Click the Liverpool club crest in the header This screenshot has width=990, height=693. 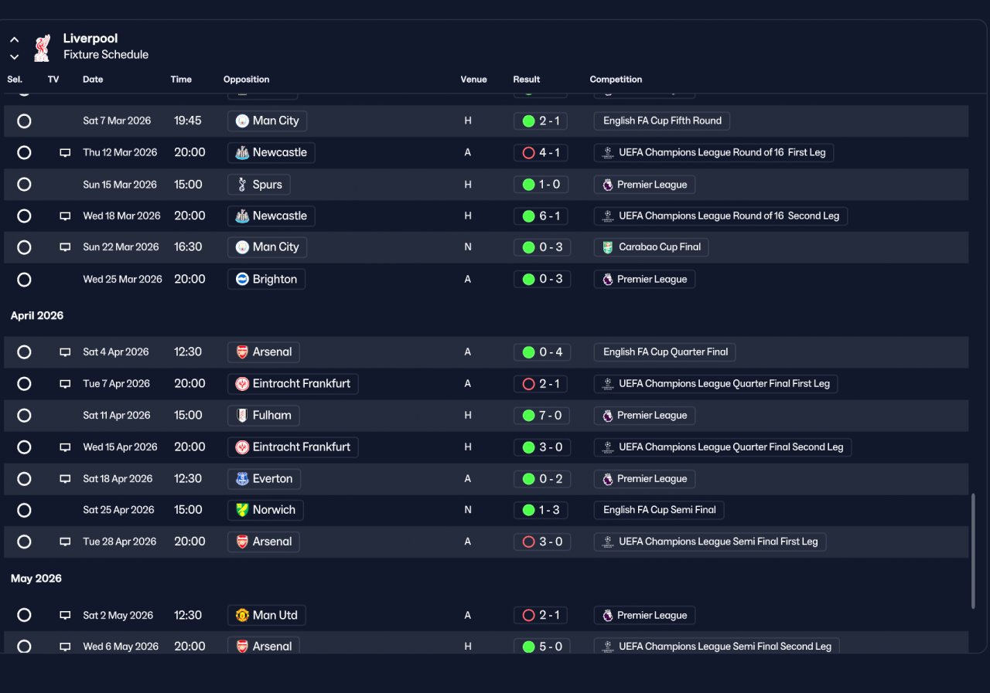click(x=43, y=48)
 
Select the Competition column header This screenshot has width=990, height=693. click(x=616, y=80)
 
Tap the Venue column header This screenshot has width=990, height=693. click(x=473, y=80)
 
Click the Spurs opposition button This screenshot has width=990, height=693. click(x=258, y=185)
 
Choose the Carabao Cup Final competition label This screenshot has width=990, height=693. click(x=651, y=247)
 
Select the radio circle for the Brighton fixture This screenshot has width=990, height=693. click(x=24, y=280)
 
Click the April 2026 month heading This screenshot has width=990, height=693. click(x=37, y=316)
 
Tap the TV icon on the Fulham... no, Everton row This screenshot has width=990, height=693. click(x=65, y=479)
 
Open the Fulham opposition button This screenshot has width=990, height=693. click(x=264, y=416)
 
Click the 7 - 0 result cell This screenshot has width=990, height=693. click(x=542, y=416)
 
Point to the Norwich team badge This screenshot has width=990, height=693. click(x=242, y=510)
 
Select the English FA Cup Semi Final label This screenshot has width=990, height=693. click(x=659, y=510)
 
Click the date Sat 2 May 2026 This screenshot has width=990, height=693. click(x=118, y=615)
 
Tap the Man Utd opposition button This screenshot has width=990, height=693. click(x=267, y=615)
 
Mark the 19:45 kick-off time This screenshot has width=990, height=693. click(x=187, y=121)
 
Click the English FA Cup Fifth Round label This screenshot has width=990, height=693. click(x=661, y=121)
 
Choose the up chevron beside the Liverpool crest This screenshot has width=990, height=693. click(x=15, y=39)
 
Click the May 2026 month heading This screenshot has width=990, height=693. click(x=36, y=578)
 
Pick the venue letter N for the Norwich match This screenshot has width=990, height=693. click(x=468, y=510)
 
